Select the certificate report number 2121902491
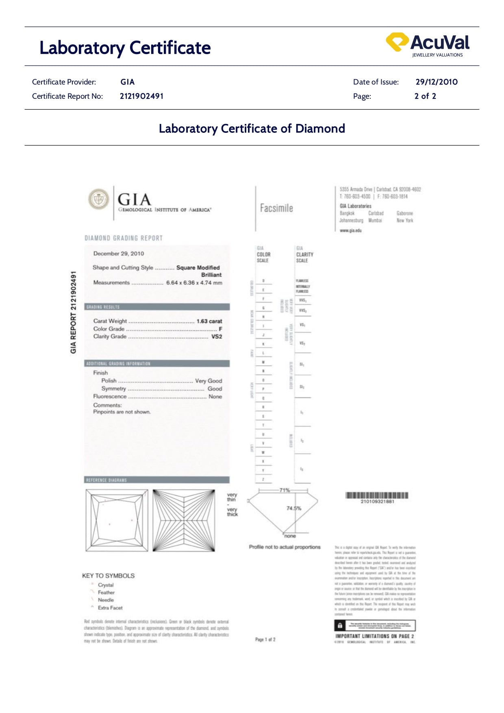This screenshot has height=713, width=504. pyautogui.click(x=141, y=96)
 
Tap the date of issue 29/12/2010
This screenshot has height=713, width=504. pyautogui.click(x=436, y=82)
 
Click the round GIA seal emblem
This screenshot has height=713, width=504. pyautogui.click(x=99, y=199)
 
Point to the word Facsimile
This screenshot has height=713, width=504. pyautogui.click(x=276, y=208)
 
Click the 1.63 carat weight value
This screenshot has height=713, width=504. pyautogui.click(x=209, y=321)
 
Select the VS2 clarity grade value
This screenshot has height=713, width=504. pyautogui.click(x=217, y=336)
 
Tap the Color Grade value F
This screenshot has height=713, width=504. pyautogui.click(x=220, y=329)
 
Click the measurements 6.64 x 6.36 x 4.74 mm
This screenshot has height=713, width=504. pyautogui.click(x=194, y=283)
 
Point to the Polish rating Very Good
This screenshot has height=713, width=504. pyautogui.click(x=208, y=381)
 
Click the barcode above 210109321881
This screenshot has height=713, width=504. pyautogui.click(x=377, y=495)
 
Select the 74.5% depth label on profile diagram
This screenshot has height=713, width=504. pyautogui.click(x=294, y=508)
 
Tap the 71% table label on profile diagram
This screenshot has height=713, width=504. pyautogui.click(x=285, y=490)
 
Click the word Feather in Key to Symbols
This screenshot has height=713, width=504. pyautogui.click(x=106, y=592)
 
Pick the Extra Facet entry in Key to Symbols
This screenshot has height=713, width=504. pyautogui.click(x=110, y=608)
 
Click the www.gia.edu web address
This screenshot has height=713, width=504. pyautogui.click(x=350, y=230)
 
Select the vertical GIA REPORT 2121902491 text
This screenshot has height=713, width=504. pyautogui.click(x=74, y=312)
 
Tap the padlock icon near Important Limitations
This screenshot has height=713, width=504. pyautogui.click(x=340, y=626)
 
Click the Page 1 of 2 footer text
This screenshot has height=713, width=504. pyautogui.click(x=265, y=639)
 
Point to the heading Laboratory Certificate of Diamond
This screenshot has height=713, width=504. pyautogui.click(x=252, y=128)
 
